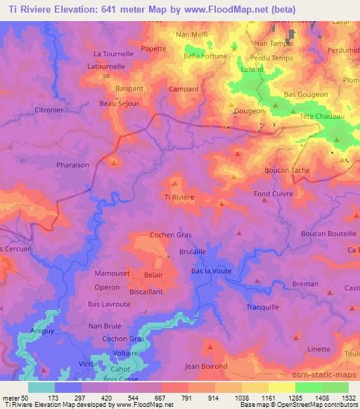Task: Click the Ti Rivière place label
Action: tap(179, 197)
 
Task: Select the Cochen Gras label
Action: tap(172, 235)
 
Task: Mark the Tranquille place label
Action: tap(263, 307)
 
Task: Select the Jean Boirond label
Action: tap(206, 366)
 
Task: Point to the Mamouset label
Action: tap(110, 272)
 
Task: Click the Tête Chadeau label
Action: tap(321, 116)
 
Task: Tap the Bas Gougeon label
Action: tap(306, 94)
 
